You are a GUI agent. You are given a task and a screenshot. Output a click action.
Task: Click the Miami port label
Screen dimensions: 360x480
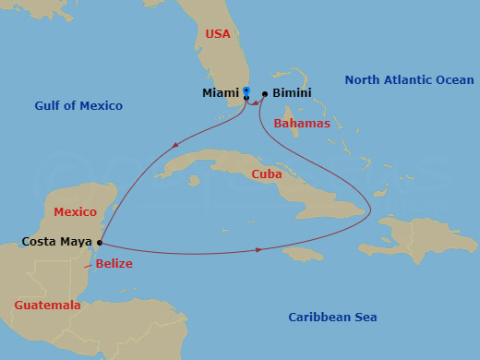(221, 93)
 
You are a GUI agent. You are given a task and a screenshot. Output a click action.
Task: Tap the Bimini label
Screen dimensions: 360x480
(292, 93)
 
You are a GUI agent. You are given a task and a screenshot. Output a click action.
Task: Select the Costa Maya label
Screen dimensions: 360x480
(56, 242)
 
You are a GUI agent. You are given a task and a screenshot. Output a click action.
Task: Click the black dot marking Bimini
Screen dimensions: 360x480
(265, 93)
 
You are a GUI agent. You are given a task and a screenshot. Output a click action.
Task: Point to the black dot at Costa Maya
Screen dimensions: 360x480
(99, 243)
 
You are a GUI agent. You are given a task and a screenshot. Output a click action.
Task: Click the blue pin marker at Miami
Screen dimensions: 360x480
(246, 91)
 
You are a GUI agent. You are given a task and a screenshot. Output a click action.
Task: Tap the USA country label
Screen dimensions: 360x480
(218, 34)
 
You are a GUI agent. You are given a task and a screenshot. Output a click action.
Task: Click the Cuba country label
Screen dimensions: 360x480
(267, 174)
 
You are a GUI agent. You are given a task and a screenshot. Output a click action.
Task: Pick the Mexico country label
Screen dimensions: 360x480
(75, 211)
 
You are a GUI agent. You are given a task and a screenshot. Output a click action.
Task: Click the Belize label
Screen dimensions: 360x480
(114, 263)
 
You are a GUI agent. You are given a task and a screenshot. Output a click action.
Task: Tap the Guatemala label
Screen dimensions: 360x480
(47, 305)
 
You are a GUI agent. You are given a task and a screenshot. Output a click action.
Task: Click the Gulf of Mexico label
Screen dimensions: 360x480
(78, 106)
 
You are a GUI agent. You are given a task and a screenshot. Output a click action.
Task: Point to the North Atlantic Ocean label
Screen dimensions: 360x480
(409, 80)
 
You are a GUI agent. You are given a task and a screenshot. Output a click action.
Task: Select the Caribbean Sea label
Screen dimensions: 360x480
(332, 317)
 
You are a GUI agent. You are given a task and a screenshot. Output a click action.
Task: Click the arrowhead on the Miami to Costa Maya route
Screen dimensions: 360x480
(174, 144)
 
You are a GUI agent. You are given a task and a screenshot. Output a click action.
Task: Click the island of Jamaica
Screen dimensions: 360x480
(304, 253)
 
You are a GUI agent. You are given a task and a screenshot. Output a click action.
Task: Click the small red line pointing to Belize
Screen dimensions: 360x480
(88, 265)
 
